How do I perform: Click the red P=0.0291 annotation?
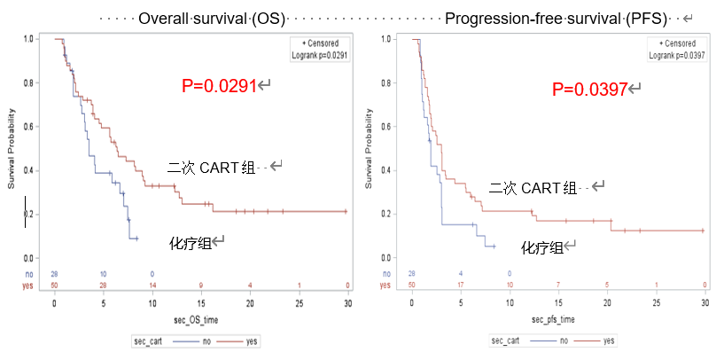(x=219, y=86)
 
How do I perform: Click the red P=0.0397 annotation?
(x=589, y=89)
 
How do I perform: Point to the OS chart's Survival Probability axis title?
(x=12, y=148)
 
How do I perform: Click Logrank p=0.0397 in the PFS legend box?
(x=677, y=54)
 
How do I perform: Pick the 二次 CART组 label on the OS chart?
(x=211, y=168)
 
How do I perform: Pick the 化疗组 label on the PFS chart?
(x=541, y=247)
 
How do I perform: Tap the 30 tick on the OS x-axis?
(x=347, y=302)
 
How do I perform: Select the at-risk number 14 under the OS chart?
(x=152, y=285)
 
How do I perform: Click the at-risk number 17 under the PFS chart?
(x=461, y=285)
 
